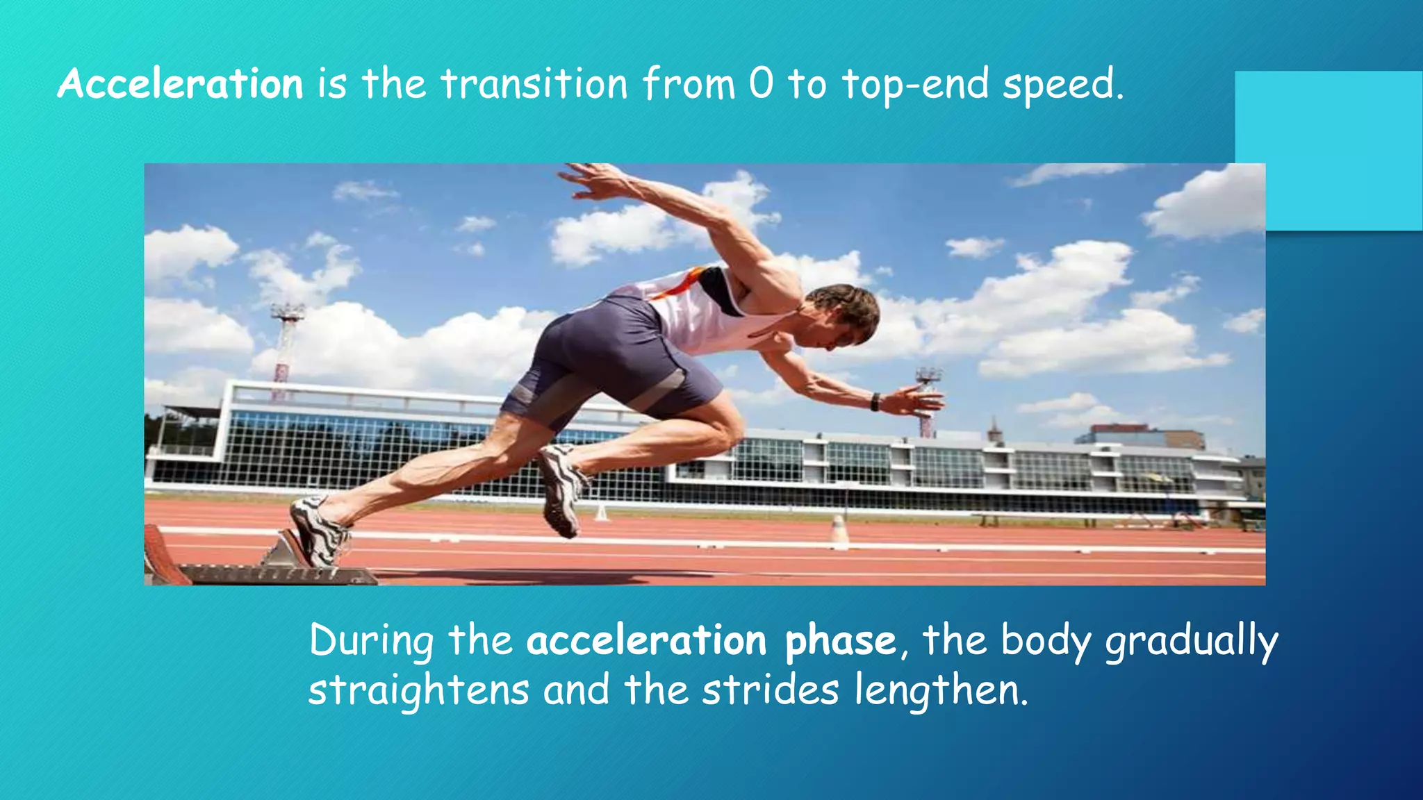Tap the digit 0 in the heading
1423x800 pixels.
point(761,84)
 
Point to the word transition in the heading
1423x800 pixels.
point(534,84)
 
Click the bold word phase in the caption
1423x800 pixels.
point(840,640)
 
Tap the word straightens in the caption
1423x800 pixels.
point(418,691)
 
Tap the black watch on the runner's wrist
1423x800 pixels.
point(875,401)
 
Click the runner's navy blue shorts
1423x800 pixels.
point(611,361)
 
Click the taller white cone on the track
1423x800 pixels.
point(839,531)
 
